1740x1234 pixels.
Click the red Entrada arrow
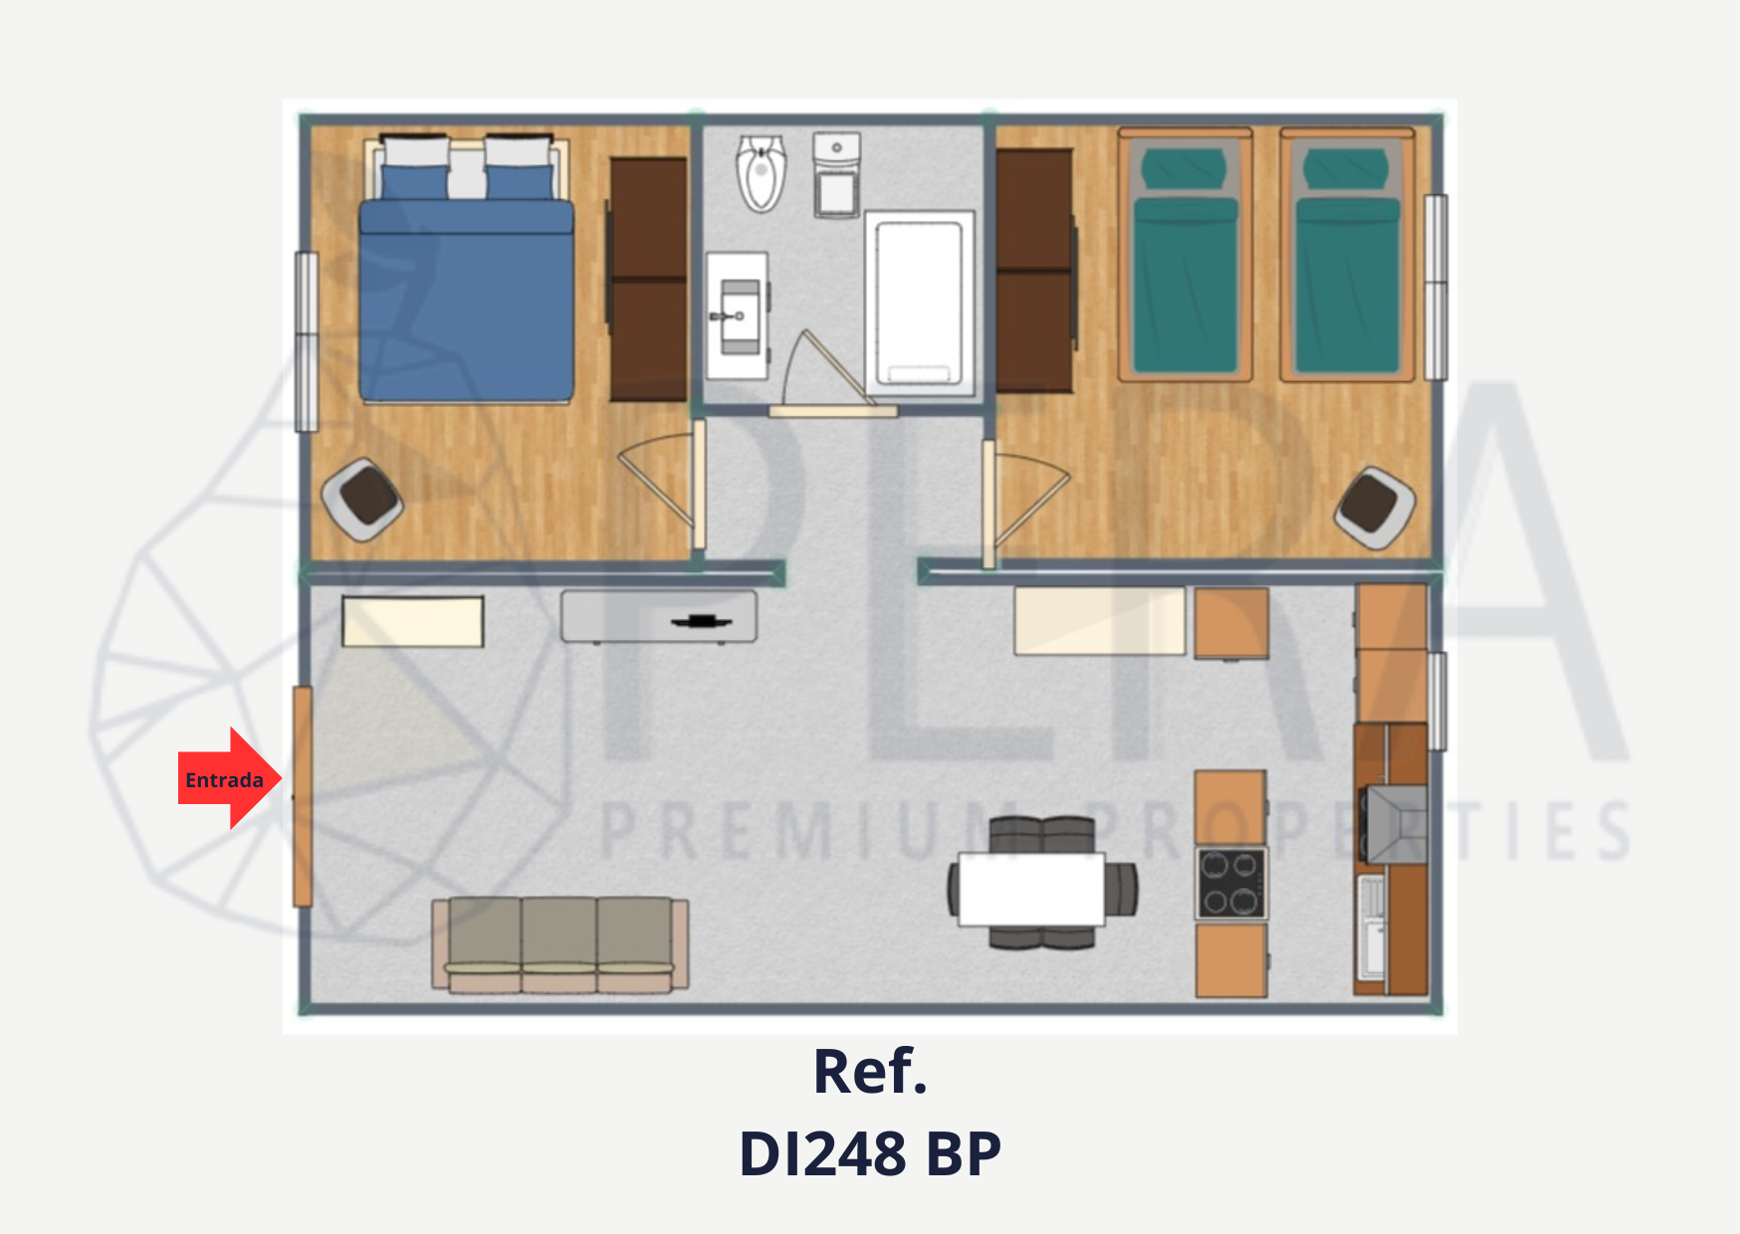pos(230,778)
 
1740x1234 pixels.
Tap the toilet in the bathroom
pos(837,175)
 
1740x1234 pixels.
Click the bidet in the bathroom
pos(761,173)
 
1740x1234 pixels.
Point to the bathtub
pos(919,303)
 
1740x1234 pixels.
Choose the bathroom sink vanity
pos(738,315)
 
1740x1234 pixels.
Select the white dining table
pos(1032,889)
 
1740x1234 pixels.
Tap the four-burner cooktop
pos(1231,883)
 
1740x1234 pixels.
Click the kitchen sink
pos(1372,926)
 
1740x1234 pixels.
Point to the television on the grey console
pos(702,622)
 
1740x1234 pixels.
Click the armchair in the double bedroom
pos(363,499)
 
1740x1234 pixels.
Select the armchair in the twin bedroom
pos(1375,507)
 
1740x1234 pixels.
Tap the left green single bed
pos(1185,255)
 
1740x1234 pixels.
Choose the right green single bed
pos(1347,255)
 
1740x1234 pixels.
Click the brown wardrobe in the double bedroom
pos(649,279)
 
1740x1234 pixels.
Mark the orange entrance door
pos(303,796)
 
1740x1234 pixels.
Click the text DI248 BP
pos(870,1153)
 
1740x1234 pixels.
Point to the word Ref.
pos(870,1071)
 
